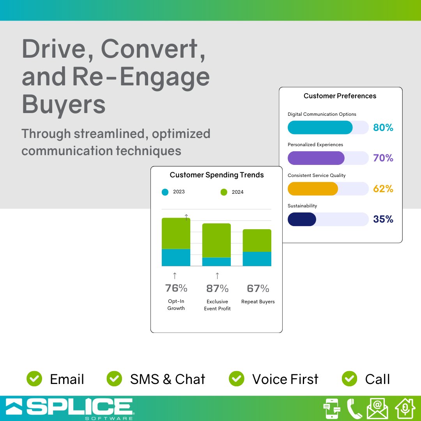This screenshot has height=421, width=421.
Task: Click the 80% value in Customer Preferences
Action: click(383, 127)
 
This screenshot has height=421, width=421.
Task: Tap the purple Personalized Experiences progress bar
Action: click(316, 158)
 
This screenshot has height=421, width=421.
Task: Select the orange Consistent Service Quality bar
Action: click(313, 189)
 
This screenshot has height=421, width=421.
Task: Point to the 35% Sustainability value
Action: click(383, 219)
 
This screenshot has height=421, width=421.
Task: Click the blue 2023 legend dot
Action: click(165, 192)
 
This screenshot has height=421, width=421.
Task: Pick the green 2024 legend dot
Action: click(224, 192)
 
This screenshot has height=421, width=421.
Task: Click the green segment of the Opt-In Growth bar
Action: click(176, 233)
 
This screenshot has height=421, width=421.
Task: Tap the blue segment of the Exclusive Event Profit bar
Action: click(216, 262)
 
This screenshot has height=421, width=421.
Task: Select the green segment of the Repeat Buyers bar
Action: click(257, 241)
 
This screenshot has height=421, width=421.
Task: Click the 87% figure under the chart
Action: click(217, 288)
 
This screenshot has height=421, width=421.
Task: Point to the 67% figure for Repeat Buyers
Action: click(258, 288)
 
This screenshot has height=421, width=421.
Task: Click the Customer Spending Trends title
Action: click(217, 175)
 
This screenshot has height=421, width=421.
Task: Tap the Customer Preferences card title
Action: click(340, 96)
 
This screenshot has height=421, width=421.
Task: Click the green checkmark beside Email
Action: click(34, 379)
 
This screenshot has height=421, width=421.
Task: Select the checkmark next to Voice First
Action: click(236, 379)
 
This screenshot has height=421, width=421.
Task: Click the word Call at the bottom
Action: click(377, 379)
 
